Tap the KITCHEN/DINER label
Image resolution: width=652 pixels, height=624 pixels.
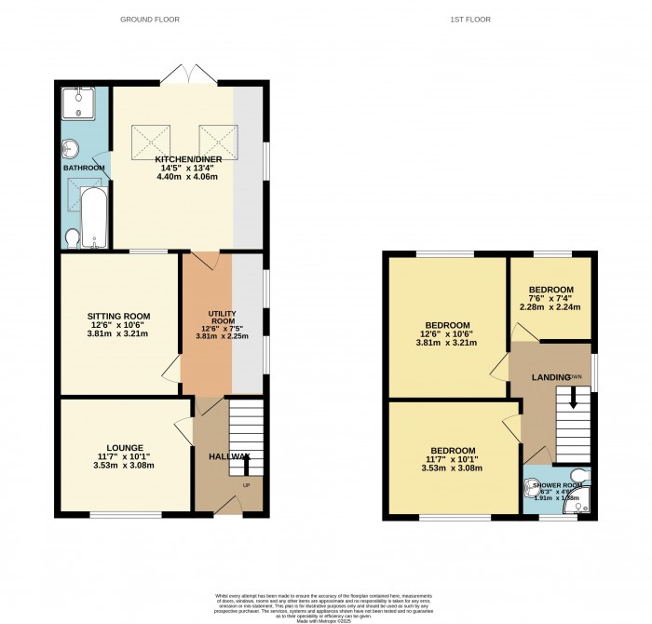click(x=187, y=159)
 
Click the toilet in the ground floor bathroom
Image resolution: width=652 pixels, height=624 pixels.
click(x=72, y=239)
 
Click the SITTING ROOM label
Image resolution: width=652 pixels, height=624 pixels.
click(x=118, y=317)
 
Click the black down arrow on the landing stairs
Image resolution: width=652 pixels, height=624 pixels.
click(x=572, y=398)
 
